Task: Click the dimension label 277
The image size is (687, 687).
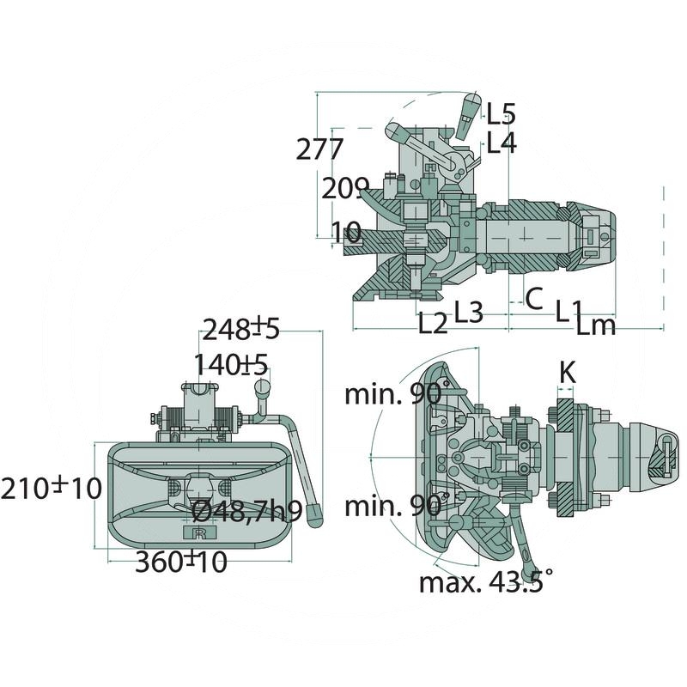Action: pos(320,149)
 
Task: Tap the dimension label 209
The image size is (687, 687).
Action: pos(344,188)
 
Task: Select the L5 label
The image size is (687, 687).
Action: pos(501,112)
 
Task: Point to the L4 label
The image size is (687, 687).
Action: pos(501,143)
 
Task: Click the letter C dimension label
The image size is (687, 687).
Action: pos(533,299)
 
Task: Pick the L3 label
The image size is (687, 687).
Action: pos(468,312)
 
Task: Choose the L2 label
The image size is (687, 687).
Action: pos(434,324)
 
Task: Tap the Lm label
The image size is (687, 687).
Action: pos(595,325)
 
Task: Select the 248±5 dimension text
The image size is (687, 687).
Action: pos(240,328)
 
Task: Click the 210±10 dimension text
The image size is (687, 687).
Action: pos(51,489)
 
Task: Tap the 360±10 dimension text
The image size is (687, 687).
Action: pos(181,562)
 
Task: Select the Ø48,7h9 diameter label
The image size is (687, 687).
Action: pos(246,513)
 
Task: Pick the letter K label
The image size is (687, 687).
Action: pos(568,372)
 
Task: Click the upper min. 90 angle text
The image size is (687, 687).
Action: pos(392,394)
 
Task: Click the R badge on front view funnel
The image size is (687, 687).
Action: pos(199,533)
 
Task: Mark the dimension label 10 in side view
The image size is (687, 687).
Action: pos(346,230)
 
